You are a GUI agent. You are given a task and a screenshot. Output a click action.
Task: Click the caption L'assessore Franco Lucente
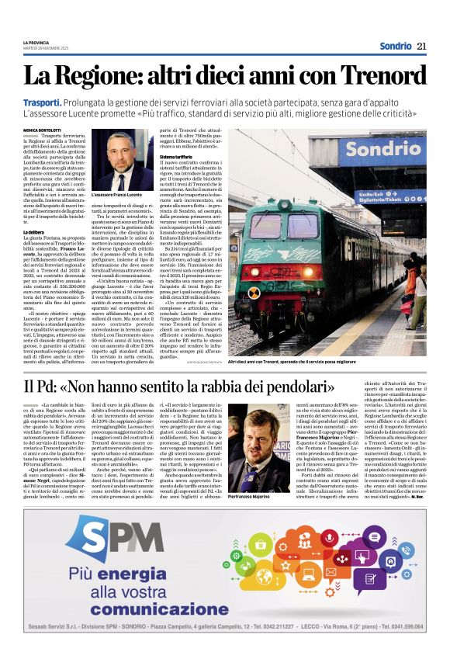click(117, 192)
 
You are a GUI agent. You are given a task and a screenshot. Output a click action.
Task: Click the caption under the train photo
click(334, 362)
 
